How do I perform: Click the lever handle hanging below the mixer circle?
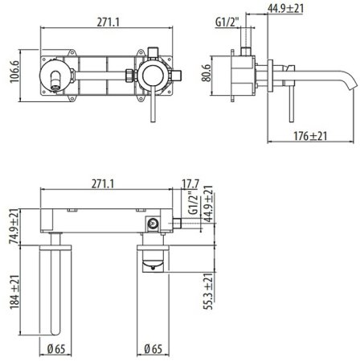coord(149,101)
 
